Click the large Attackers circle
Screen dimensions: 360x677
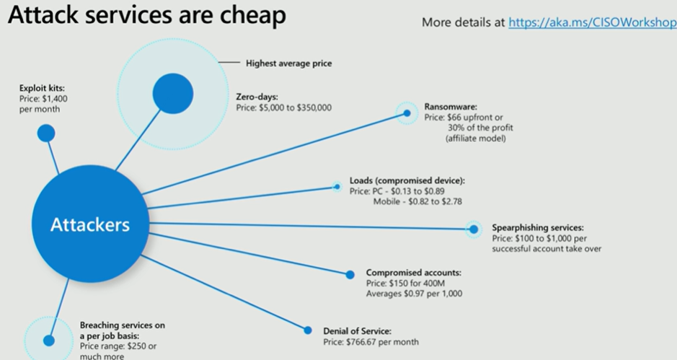(x=89, y=225)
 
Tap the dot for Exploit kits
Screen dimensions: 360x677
(x=46, y=133)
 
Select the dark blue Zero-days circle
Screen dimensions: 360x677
(x=173, y=95)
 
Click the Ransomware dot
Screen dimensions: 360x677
(x=407, y=113)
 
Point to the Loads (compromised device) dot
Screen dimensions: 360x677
(x=337, y=187)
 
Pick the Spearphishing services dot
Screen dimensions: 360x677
(x=474, y=229)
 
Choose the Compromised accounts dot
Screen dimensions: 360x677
(x=350, y=274)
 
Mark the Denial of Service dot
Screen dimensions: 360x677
(x=308, y=330)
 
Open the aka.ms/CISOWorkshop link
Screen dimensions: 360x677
(x=592, y=22)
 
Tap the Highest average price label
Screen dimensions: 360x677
(x=289, y=63)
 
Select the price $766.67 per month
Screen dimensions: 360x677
(x=371, y=342)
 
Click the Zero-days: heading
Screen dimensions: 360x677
(x=257, y=96)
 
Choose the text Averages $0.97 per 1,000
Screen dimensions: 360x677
(x=414, y=294)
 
